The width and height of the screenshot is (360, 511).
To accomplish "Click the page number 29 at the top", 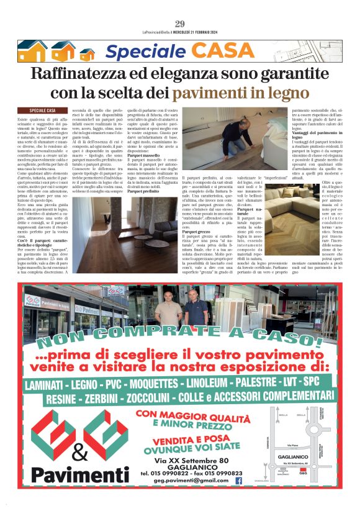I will [x=180, y=24].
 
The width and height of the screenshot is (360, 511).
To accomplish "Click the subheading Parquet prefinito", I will [x=144, y=209].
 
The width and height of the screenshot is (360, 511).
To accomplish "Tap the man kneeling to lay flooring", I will [x=212, y=133].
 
